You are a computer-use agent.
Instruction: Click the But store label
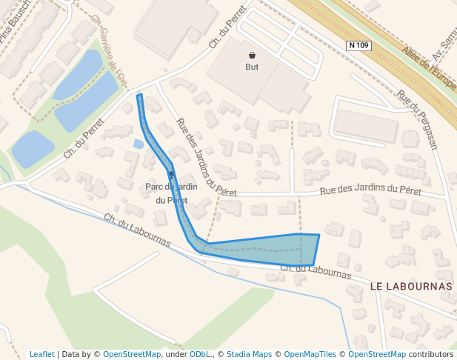point(252,67)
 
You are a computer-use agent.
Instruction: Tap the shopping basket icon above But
point(252,55)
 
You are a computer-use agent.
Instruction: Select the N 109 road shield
point(358,46)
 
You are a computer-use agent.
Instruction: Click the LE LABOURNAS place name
point(410,286)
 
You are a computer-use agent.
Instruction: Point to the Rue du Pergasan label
point(417,119)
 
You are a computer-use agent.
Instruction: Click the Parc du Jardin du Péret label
point(171,193)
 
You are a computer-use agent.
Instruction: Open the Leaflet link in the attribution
point(42,354)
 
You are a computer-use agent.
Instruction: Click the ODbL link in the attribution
point(200,354)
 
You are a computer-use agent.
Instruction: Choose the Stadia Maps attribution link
point(249,354)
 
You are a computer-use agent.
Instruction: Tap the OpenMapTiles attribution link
point(312,354)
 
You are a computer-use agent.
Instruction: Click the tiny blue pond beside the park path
point(137,144)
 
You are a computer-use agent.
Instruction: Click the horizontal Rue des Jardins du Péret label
point(370,191)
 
